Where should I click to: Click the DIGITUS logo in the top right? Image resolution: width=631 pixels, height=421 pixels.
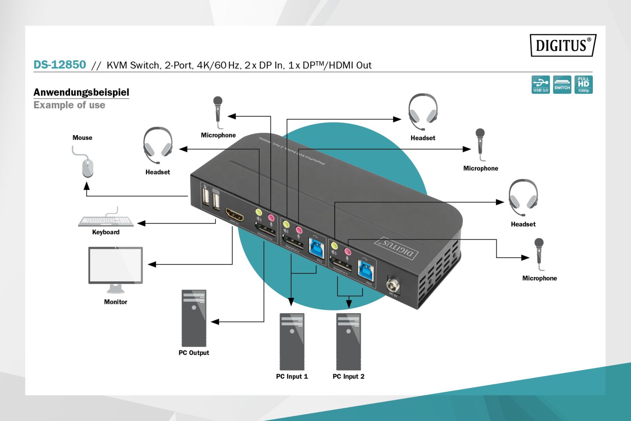point(562,45)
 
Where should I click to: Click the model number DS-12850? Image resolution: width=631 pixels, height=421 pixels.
point(60,65)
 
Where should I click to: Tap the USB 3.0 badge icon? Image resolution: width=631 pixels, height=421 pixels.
point(540,85)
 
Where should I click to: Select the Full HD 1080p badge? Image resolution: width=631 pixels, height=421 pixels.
point(583,85)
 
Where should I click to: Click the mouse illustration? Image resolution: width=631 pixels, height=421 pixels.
point(88,167)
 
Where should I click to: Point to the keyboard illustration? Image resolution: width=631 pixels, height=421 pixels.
point(106,221)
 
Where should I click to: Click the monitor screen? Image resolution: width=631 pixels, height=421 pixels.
point(116,265)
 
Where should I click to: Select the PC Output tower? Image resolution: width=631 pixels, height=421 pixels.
point(194,318)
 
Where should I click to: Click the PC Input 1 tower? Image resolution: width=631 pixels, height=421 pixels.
point(292,341)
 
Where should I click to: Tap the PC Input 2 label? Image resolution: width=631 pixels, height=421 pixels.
point(348,376)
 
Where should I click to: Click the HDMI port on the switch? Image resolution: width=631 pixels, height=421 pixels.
point(234,215)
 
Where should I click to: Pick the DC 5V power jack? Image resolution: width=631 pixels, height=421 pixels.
point(393,285)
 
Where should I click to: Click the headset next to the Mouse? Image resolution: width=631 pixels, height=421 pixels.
point(158,145)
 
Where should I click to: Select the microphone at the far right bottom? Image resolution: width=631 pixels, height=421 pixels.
point(539,253)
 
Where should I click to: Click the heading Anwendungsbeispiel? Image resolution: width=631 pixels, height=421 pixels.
point(81,92)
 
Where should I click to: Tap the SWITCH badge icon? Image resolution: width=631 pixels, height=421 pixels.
point(562,85)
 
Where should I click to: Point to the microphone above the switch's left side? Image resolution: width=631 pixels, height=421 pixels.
point(218,111)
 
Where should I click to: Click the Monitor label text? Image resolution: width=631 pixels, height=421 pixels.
point(115,302)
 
